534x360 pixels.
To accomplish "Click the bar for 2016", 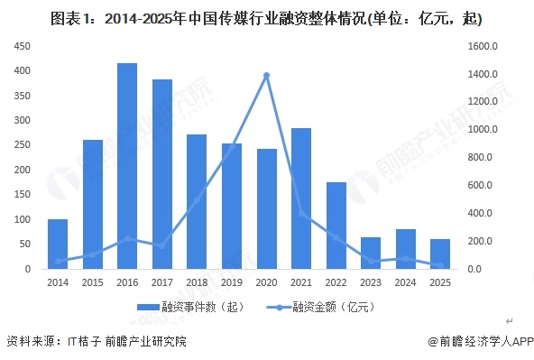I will coord(127,166).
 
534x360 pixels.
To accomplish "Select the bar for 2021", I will coord(301,198).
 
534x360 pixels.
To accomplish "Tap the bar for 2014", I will coord(58,244).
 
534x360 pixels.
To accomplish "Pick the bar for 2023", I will coord(371,253).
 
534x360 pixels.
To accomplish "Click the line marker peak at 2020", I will coord(267,75).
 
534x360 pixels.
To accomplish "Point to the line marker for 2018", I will coord(197,199).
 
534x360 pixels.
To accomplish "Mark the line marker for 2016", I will coord(127,238).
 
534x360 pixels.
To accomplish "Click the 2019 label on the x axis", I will coord(232,283).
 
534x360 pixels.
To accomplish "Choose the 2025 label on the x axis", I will coord(440,283).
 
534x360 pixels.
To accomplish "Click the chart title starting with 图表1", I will coord(267,17).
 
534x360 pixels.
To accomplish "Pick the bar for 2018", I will coord(197,201).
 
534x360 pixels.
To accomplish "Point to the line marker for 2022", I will coord(336,237).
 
